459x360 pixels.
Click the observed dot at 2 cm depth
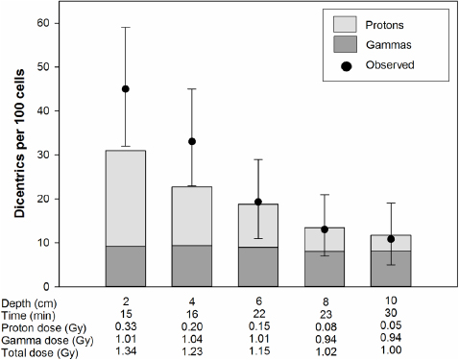tap(126, 89)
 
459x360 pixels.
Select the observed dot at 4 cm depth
tap(192, 141)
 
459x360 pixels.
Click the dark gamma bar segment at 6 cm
tap(258, 266)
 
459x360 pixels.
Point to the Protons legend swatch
tap(347, 24)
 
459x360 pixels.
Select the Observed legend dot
tap(347, 64)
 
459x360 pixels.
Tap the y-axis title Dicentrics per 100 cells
tap(19, 154)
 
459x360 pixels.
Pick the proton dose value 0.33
tap(126, 326)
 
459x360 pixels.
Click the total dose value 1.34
tap(126, 351)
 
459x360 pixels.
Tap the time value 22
tap(258, 314)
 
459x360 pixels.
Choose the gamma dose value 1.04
tap(192, 339)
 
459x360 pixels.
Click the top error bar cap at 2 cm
tap(126, 27)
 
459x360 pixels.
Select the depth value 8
tap(325, 302)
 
